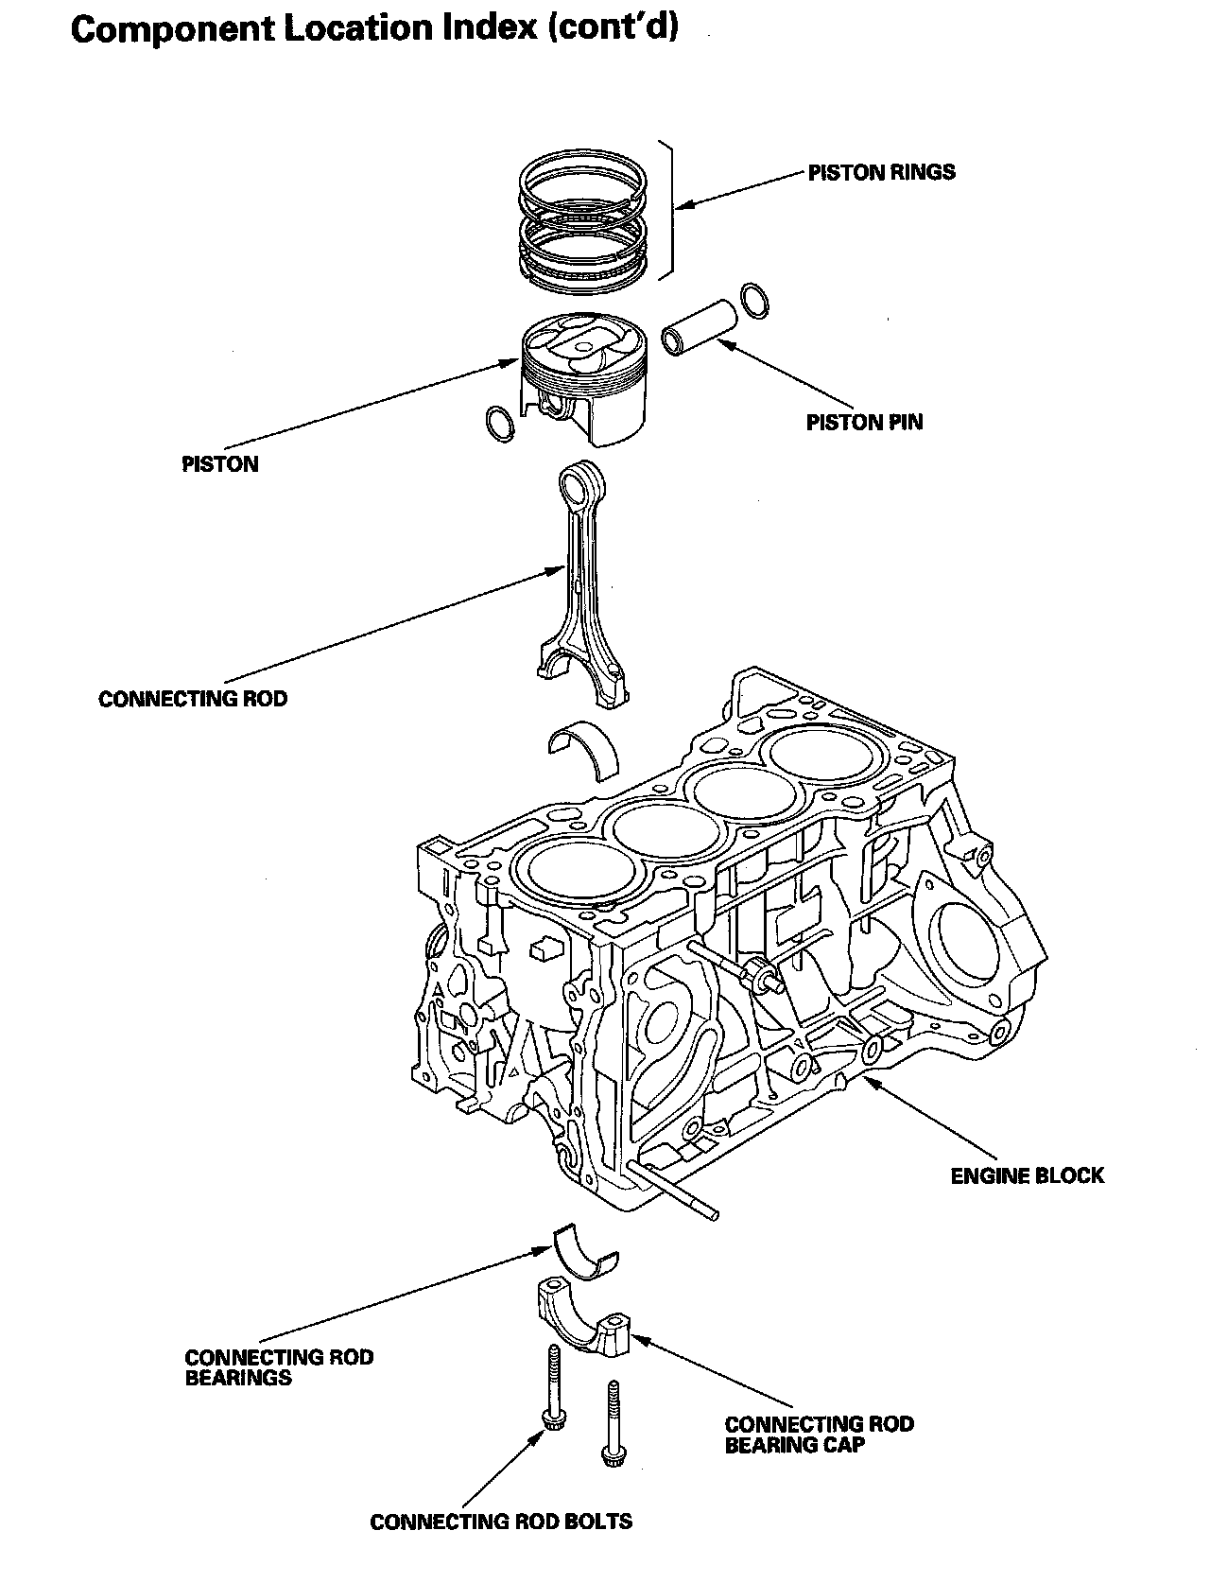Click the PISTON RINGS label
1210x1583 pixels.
click(880, 172)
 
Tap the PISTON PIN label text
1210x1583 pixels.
click(864, 422)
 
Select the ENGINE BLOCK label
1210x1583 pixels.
click(1027, 1175)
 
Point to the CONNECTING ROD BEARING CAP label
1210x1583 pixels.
click(819, 1434)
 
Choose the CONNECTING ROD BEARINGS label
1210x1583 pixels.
click(279, 1367)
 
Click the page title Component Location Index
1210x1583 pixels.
click(374, 29)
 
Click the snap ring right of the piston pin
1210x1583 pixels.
click(754, 300)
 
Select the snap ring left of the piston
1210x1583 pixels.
click(499, 424)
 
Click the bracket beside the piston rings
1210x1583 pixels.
click(670, 210)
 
